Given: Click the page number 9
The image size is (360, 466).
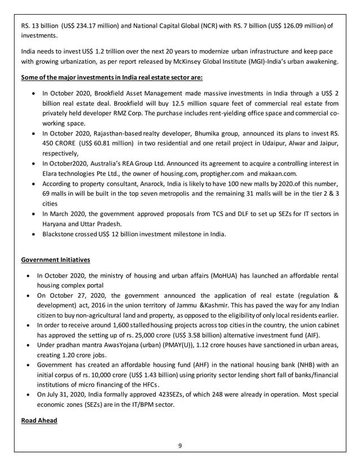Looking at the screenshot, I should click(x=180, y=446).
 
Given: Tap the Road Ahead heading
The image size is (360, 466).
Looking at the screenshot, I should click(x=39, y=420).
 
